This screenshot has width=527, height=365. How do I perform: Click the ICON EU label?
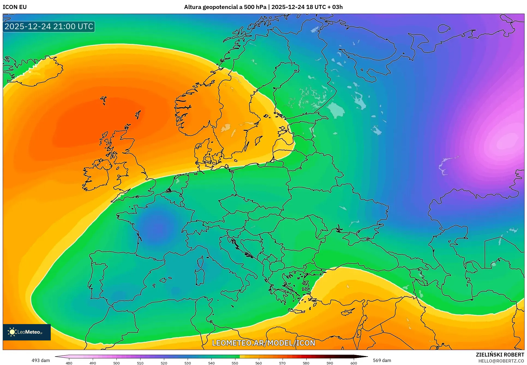(x=15, y=7)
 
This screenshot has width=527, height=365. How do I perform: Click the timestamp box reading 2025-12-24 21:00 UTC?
(x=49, y=26)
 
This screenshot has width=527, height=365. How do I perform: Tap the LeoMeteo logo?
(x=27, y=332)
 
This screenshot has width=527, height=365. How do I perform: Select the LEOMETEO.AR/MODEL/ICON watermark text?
(x=263, y=343)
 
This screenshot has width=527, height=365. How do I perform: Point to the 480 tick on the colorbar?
(x=69, y=363)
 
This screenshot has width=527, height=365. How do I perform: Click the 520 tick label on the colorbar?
(x=164, y=363)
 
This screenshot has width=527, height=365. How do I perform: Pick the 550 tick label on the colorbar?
(x=235, y=363)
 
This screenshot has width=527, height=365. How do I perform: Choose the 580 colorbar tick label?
(x=306, y=363)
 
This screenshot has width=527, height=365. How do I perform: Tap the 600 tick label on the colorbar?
(x=354, y=363)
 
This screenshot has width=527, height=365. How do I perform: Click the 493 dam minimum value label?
(x=41, y=360)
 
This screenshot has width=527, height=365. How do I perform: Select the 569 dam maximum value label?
(x=382, y=360)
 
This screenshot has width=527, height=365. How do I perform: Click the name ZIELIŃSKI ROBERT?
(x=500, y=355)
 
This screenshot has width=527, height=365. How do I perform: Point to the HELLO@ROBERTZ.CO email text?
(x=501, y=361)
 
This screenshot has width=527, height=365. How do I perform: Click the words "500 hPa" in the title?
(x=255, y=7)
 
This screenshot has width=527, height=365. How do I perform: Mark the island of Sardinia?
(x=200, y=277)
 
